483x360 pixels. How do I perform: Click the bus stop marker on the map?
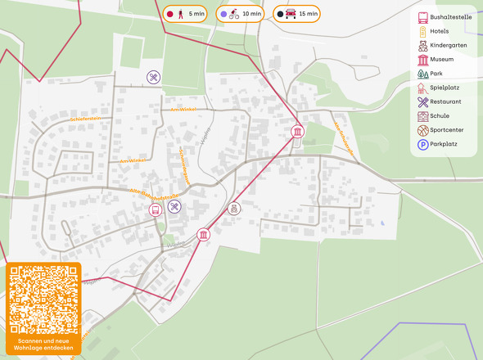click(155, 209)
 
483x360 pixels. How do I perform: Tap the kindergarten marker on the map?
click(234, 209)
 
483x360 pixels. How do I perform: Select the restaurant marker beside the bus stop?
click(174, 207)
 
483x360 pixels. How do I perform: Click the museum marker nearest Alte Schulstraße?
click(297, 132)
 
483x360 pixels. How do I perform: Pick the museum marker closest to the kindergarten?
click(203, 236)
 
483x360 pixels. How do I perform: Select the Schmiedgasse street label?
click(184, 164)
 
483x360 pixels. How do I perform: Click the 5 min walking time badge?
click(186, 14)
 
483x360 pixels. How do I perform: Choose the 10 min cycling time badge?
click(240, 14)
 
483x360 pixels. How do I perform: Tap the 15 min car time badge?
click(296, 14)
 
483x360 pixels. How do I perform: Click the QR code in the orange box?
click(44, 299)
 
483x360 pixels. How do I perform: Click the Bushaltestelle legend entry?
click(442, 17)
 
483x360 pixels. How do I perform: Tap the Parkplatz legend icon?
click(422, 144)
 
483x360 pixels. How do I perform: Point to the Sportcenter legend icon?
click(422, 130)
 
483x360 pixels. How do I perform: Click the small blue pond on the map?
click(382, 223)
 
